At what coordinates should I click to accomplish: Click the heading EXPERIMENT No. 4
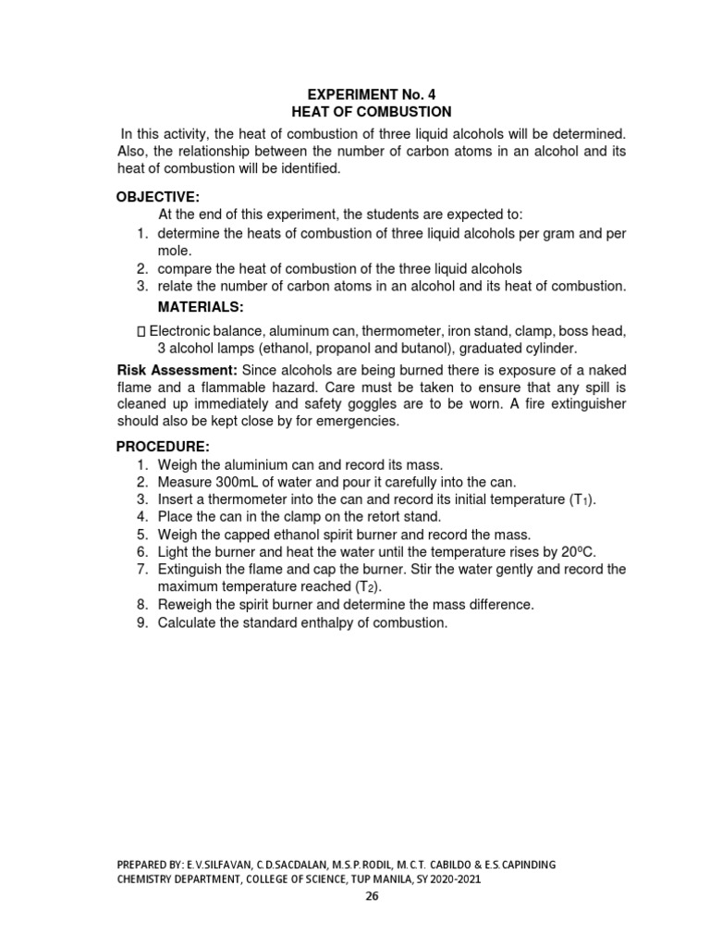click(x=371, y=93)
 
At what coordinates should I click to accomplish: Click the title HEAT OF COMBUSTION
click(x=371, y=111)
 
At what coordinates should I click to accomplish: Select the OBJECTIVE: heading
click(x=157, y=197)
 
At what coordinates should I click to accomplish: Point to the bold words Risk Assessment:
click(x=176, y=369)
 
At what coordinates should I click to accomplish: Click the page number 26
click(x=371, y=895)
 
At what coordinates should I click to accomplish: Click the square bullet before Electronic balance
click(x=141, y=331)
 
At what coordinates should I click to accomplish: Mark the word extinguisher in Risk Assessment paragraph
click(x=579, y=403)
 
